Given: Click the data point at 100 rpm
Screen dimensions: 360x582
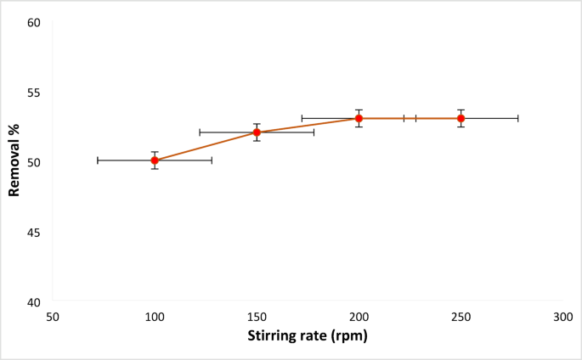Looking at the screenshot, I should (155, 160).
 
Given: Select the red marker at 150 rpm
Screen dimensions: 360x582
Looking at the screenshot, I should (257, 132).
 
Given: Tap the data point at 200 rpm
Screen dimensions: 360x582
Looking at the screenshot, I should (359, 118).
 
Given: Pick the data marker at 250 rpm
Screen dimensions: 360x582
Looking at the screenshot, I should (461, 118).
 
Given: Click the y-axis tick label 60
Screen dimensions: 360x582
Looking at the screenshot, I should (34, 22).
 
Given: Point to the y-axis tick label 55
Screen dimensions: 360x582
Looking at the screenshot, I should (34, 92).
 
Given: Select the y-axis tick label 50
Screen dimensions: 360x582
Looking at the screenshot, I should (34, 162).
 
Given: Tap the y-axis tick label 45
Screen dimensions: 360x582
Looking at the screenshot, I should (34, 232).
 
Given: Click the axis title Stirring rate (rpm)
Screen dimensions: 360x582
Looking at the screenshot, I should (308, 335).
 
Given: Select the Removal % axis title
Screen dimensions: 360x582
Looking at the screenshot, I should (14, 162).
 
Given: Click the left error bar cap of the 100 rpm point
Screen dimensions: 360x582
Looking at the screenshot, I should (98, 160).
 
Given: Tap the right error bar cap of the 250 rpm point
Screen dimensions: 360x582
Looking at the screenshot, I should (517, 118).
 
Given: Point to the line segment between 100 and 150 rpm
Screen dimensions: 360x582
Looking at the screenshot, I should (206, 146).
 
